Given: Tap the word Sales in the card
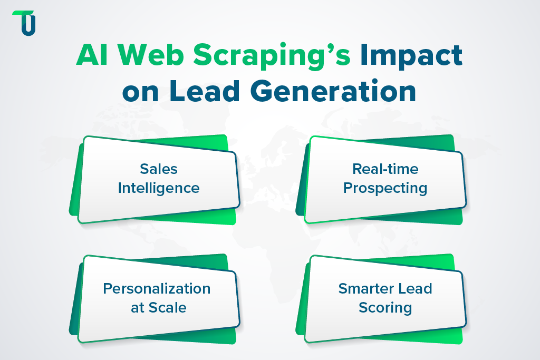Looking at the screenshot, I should pyautogui.click(x=158, y=169).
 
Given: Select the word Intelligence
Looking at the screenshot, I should pyautogui.click(x=158, y=188).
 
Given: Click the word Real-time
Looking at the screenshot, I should pyautogui.click(x=385, y=169).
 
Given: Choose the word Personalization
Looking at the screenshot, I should pyautogui.click(x=157, y=288).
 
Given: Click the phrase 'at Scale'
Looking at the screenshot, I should pyautogui.click(x=158, y=307).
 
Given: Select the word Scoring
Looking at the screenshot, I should pyautogui.click(x=385, y=307).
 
